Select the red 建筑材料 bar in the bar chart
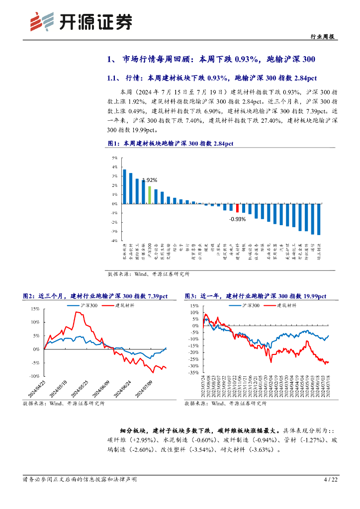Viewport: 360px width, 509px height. click(x=237, y=208)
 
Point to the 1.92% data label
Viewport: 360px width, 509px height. click(x=150, y=180)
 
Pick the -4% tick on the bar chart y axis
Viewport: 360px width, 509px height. click(x=114, y=241)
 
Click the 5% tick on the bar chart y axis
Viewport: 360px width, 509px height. click(x=114, y=158)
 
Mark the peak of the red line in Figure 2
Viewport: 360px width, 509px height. click(x=76, y=312)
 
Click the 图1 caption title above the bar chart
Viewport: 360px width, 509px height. click(x=170, y=144)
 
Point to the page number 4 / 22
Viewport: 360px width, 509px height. click(x=331, y=480)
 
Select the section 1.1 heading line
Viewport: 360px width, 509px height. click(x=212, y=78)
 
